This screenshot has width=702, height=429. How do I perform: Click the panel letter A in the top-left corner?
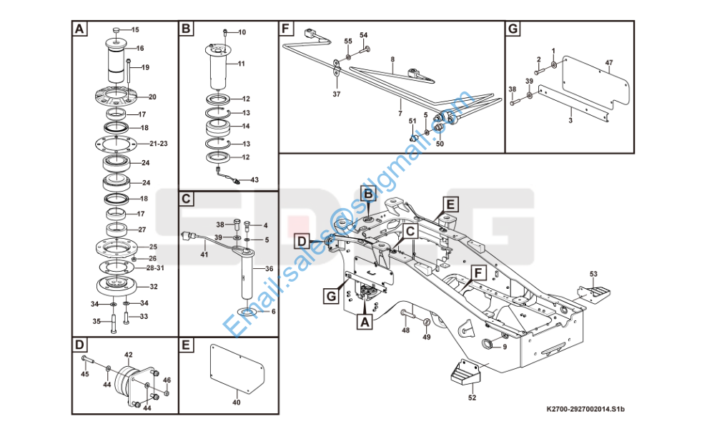pyautogui.click(x=79, y=29)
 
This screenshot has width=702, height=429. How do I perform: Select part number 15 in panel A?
pyautogui.click(x=135, y=29)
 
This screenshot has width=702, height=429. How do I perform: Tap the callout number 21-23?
pyautogui.click(x=159, y=144)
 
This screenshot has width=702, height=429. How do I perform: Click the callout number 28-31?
pyautogui.click(x=155, y=267)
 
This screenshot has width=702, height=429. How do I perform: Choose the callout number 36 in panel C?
pyautogui.click(x=270, y=269)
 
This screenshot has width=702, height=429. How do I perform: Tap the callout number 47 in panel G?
pyautogui.click(x=609, y=63)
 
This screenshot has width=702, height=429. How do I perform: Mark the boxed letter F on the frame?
pyautogui.click(x=478, y=272)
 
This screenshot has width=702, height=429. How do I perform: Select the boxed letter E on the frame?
pyautogui.click(x=450, y=204)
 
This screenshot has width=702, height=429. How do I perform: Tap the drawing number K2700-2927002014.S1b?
pyautogui.click(x=585, y=409)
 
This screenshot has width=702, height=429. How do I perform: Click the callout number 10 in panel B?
pyautogui.click(x=241, y=32)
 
